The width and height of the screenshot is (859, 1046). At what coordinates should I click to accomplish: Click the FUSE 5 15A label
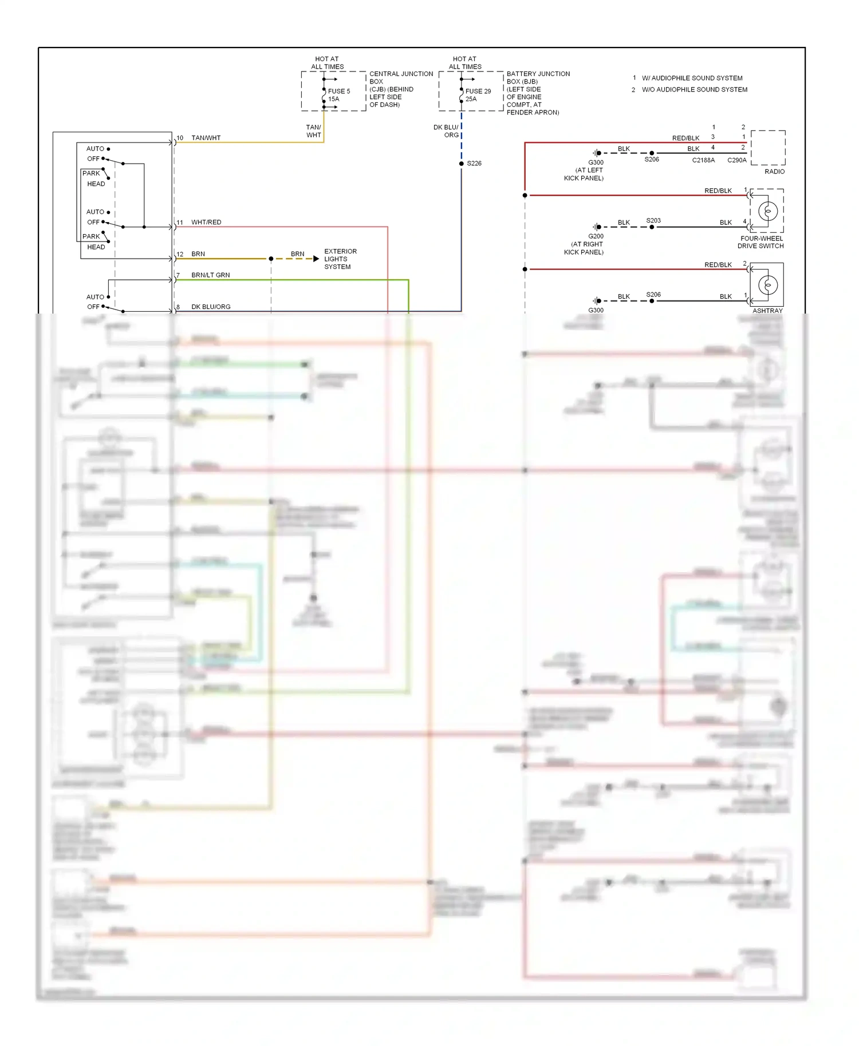[x=338, y=95]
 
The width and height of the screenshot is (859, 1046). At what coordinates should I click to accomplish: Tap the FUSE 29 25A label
[x=478, y=95]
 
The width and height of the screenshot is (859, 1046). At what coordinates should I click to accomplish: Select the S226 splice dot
[x=462, y=164]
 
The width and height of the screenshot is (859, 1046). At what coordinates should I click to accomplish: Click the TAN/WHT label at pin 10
[x=206, y=138]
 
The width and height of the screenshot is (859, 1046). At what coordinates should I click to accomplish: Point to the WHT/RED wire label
[x=206, y=222]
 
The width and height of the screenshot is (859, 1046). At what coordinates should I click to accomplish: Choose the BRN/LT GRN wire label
[x=210, y=275]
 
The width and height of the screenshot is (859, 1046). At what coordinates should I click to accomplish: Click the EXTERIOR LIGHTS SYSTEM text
[x=340, y=259]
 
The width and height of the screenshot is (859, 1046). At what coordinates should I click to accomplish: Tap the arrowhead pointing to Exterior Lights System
[x=316, y=259]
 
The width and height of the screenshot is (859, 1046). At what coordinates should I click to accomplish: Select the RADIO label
[x=774, y=172]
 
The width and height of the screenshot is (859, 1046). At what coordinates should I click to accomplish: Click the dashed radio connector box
[x=768, y=148]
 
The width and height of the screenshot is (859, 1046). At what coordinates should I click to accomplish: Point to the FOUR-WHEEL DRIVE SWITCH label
[x=761, y=242]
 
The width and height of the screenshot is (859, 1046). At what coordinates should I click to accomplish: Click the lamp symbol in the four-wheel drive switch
[x=768, y=211]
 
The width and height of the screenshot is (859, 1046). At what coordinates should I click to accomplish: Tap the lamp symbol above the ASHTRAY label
[x=768, y=284]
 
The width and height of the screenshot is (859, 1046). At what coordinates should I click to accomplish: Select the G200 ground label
[x=596, y=236]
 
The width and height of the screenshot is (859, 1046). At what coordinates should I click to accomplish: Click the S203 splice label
[x=653, y=220]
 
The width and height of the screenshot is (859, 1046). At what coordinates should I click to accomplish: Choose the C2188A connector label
[x=703, y=160]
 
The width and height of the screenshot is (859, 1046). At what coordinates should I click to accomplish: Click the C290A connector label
[x=737, y=160]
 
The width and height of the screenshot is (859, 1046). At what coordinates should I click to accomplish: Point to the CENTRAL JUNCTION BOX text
[x=401, y=78]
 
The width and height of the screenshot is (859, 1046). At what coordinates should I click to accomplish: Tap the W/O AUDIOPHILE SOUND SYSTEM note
[x=694, y=90]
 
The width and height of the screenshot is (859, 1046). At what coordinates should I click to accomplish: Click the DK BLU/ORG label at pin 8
[x=211, y=307]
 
